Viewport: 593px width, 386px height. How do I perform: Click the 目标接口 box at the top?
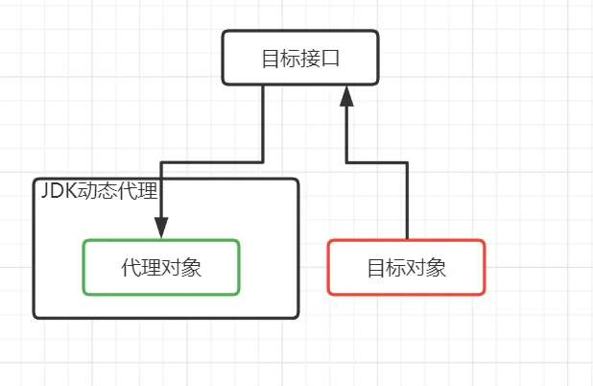[300, 57]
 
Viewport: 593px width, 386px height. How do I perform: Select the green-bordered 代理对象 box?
[160, 267]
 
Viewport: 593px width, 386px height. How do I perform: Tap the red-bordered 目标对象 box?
[407, 267]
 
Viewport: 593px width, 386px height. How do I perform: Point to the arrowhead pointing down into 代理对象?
[160, 229]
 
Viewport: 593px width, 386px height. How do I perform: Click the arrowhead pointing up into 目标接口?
[346, 94]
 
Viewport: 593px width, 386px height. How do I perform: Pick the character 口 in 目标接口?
[331, 58]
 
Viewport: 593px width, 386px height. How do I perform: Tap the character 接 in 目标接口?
[311, 58]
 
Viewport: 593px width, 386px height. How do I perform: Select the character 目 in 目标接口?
[271, 58]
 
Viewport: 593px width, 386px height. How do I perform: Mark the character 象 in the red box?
[438, 267]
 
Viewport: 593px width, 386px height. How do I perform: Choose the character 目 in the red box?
[377, 267]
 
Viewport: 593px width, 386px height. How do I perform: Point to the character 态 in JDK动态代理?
[106, 189]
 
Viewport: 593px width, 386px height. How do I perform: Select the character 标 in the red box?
[397, 267]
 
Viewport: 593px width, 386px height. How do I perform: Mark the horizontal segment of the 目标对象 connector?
[376, 159]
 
